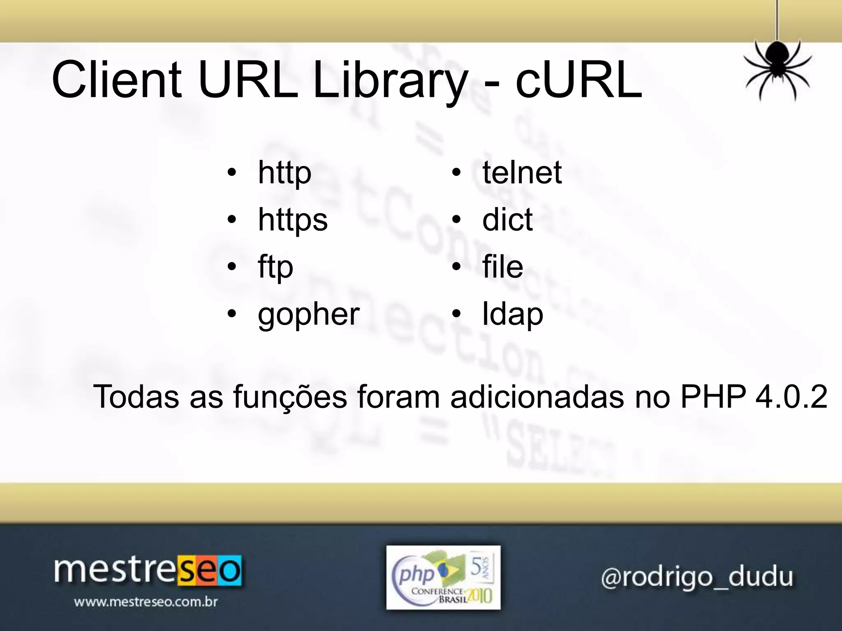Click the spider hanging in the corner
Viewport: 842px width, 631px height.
(x=777, y=66)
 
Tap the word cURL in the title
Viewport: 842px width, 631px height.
(x=579, y=80)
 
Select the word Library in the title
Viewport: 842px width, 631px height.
(x=390, y=80)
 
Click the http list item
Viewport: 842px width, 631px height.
(x=285, y=173)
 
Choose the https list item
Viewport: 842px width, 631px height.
(x=293, y=220)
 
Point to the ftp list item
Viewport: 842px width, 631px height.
(x=275, y=267)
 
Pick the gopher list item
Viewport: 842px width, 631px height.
(x=309, y=315)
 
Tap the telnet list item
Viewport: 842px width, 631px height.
(x=522, y=173)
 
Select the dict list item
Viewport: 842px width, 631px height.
(x=507, y=220)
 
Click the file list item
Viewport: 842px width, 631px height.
(x=502, y=267)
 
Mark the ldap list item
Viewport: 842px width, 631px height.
(x=513, y=315)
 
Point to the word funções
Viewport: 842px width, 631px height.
(x=290, y=398)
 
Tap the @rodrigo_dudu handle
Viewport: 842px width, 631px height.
(x=697, y=577)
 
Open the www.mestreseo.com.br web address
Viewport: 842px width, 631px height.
(x=146, y=602)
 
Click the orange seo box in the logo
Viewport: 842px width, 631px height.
(x=210, y=571)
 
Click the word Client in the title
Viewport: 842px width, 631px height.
(x=117, y=80)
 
